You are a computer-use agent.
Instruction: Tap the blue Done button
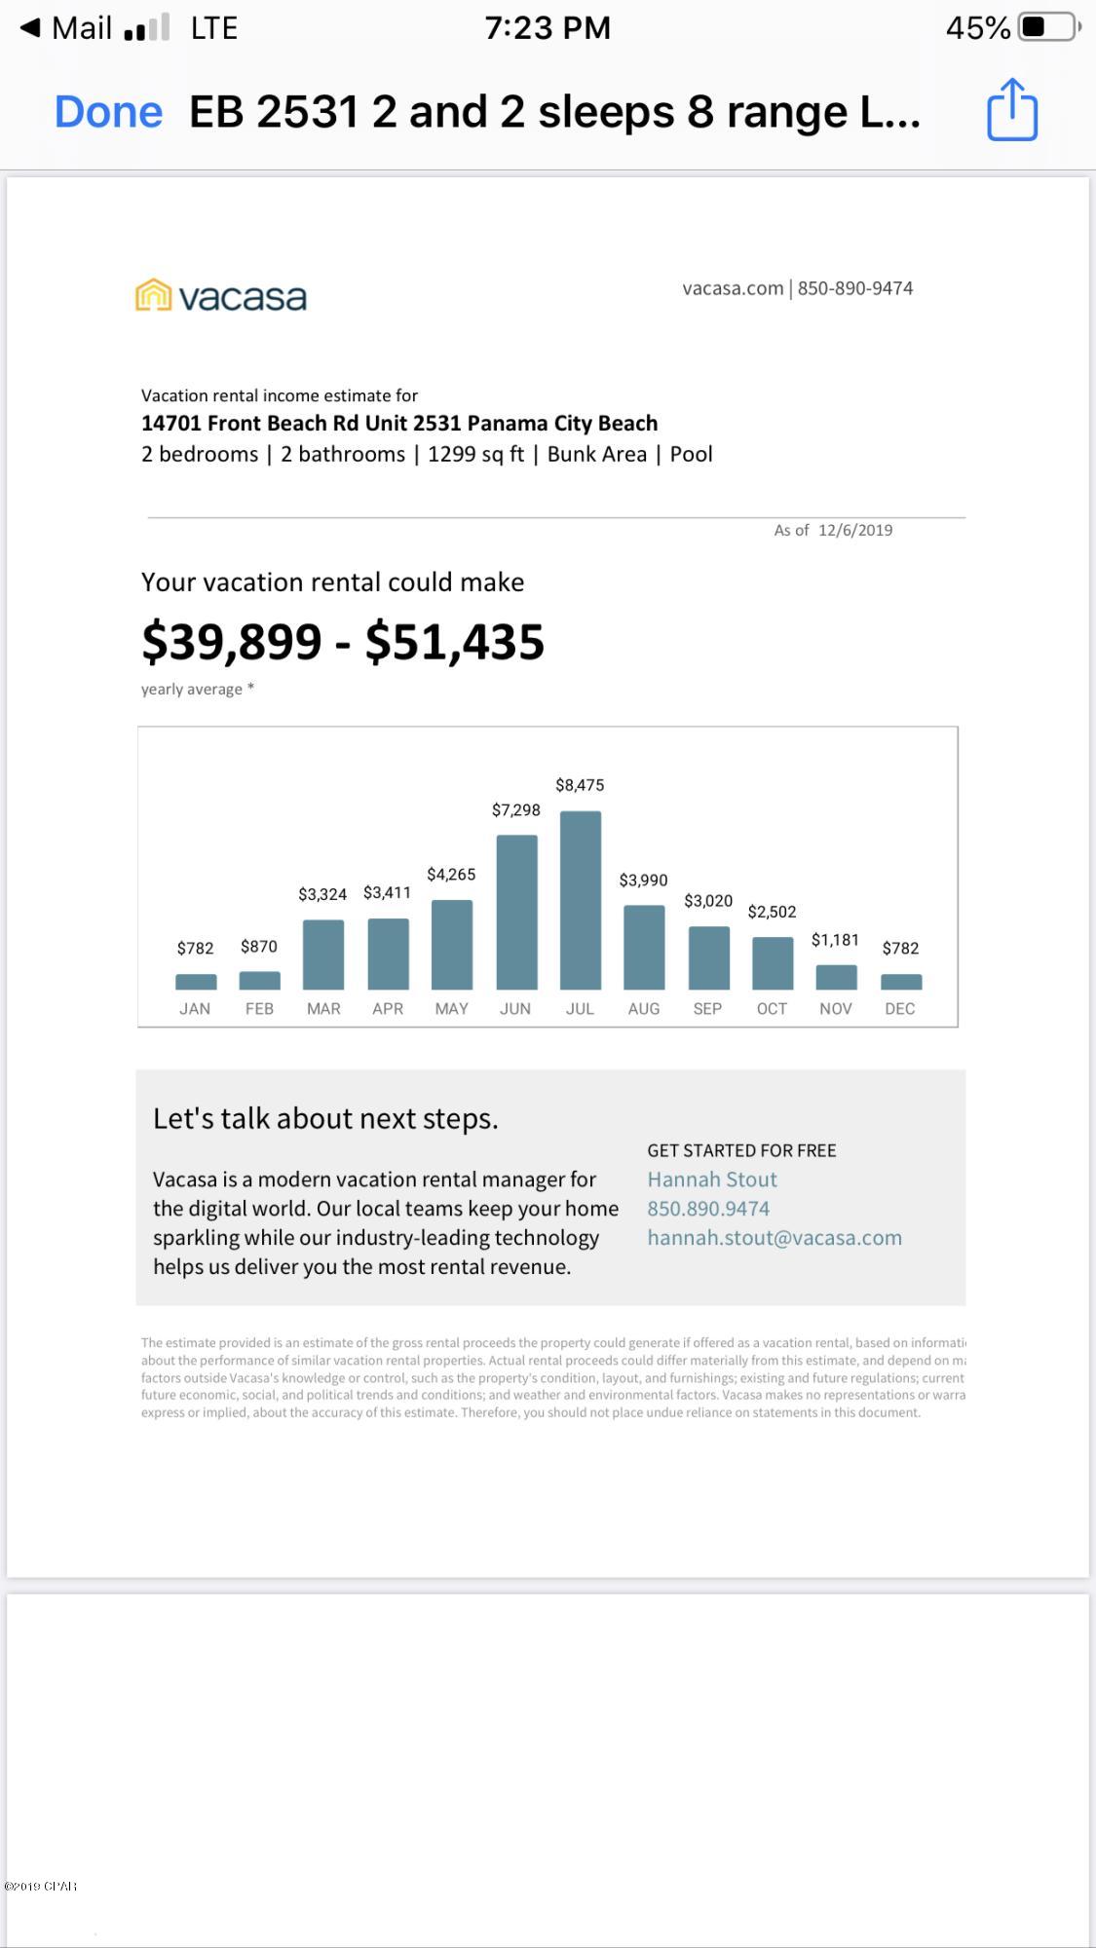tap(108, 112)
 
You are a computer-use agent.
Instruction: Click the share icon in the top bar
tap(1012, 110)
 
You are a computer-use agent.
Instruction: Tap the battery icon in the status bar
tap(1048, 27)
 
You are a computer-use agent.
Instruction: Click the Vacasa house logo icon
tap(153, 295)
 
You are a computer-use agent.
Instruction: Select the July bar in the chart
tap(580, 900)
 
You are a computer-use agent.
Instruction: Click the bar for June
tap(516, 912)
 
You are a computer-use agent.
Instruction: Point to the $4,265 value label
tap(451, 875)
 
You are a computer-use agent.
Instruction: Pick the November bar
tap(836, 977)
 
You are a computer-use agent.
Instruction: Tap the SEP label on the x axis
tap(707, 1009)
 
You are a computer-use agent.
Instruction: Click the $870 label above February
tap(259, 947)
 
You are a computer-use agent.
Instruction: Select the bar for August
tap(644, 947)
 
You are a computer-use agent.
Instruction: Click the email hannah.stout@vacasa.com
tap(775, 1238)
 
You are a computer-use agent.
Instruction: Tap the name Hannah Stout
tap(712, 1180)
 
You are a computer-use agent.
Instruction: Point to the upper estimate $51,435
tap(455, 642)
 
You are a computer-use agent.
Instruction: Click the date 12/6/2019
tap(855, 530)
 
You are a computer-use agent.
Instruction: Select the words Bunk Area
tap(596, 455)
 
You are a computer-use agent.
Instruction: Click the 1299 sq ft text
tap(475, 455)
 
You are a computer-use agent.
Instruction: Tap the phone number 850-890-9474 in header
tap(854, 288)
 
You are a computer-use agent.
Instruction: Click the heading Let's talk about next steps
tap(325, 1118)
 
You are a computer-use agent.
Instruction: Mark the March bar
tap(323, 955)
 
